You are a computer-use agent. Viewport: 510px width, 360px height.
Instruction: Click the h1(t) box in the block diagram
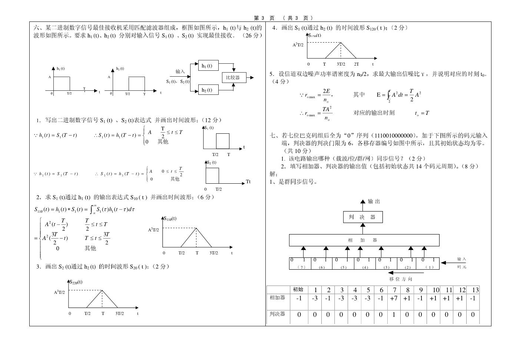pyautogui.click(x=208, y=66)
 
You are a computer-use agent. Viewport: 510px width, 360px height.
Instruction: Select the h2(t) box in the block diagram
pyautogui.click(x=208, y=90)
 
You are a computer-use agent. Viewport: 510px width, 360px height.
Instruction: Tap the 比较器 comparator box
pyautogui.click(x=234, y=77)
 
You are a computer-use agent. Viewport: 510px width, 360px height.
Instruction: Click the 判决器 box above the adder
pyautogui.click(x=362, y=217)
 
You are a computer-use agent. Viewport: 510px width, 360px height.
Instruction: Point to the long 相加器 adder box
pyautogui.click(x=364, y=240)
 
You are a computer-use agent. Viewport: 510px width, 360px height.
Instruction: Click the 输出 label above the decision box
pyautogui.click(x=374, y=201)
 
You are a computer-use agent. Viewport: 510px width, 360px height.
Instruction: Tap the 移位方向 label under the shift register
pyautogui.click(x=401, y=279)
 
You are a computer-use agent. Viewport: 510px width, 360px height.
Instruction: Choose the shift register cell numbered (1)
pyautogui.click(x=428, y=263)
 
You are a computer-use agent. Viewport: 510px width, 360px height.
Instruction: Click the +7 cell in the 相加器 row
pyautogui.click(x=394, y=299)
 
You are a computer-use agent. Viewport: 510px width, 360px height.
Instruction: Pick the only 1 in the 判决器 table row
pyautogui.click(x=394, y=314)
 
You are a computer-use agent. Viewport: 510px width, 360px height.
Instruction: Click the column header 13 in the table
pyautogui.click(x=475, y=290)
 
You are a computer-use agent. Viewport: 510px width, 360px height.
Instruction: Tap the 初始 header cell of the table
pyautogui.click(x=298, y=290)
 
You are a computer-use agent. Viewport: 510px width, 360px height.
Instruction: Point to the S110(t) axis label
pyautogui.click(x=170, y=219)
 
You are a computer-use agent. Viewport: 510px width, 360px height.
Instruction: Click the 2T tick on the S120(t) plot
pyautogui.click(x=357, y=64)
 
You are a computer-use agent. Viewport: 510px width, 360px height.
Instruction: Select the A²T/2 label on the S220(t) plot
pyautogui.click(x=59, y=292)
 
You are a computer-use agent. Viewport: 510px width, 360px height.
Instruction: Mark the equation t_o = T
pyautogui.click(x=422, y=113)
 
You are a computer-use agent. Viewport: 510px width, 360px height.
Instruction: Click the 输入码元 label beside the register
pyautogui.click(x=461, y=263)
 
